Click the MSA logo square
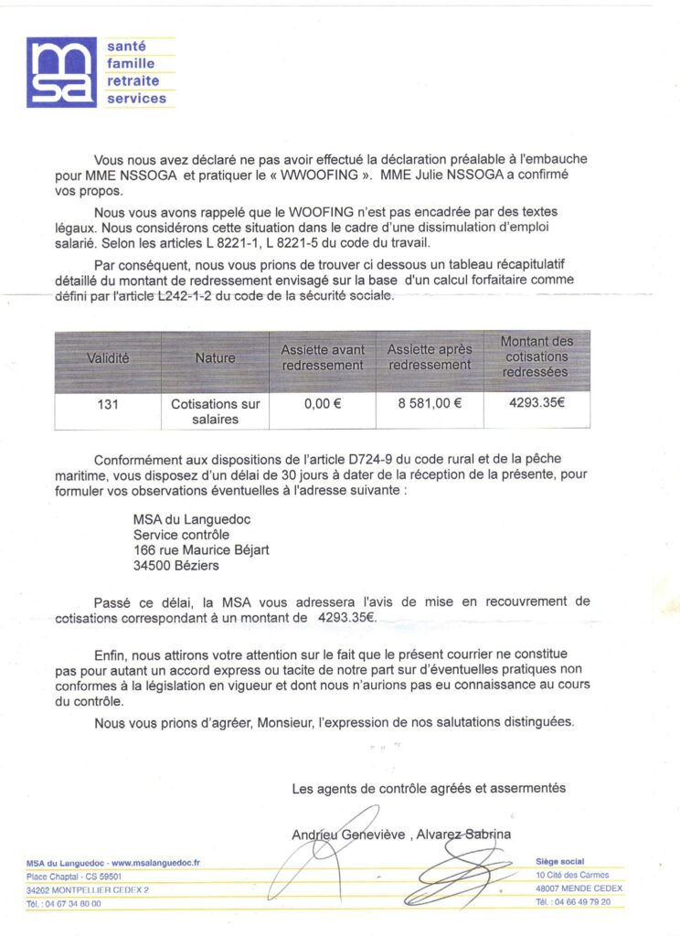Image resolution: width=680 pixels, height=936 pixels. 60,72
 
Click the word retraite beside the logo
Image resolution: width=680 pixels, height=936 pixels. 133,80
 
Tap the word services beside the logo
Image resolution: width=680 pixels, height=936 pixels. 137,98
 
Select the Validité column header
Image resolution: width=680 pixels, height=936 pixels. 108,358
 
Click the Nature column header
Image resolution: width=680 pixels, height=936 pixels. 215,358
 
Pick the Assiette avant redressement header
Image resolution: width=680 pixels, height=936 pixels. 322,357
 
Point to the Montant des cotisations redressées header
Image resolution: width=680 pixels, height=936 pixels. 537,357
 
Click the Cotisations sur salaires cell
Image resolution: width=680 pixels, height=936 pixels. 215,411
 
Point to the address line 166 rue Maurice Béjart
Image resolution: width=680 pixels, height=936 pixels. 202,549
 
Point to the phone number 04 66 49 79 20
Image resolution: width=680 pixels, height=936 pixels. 580,902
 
